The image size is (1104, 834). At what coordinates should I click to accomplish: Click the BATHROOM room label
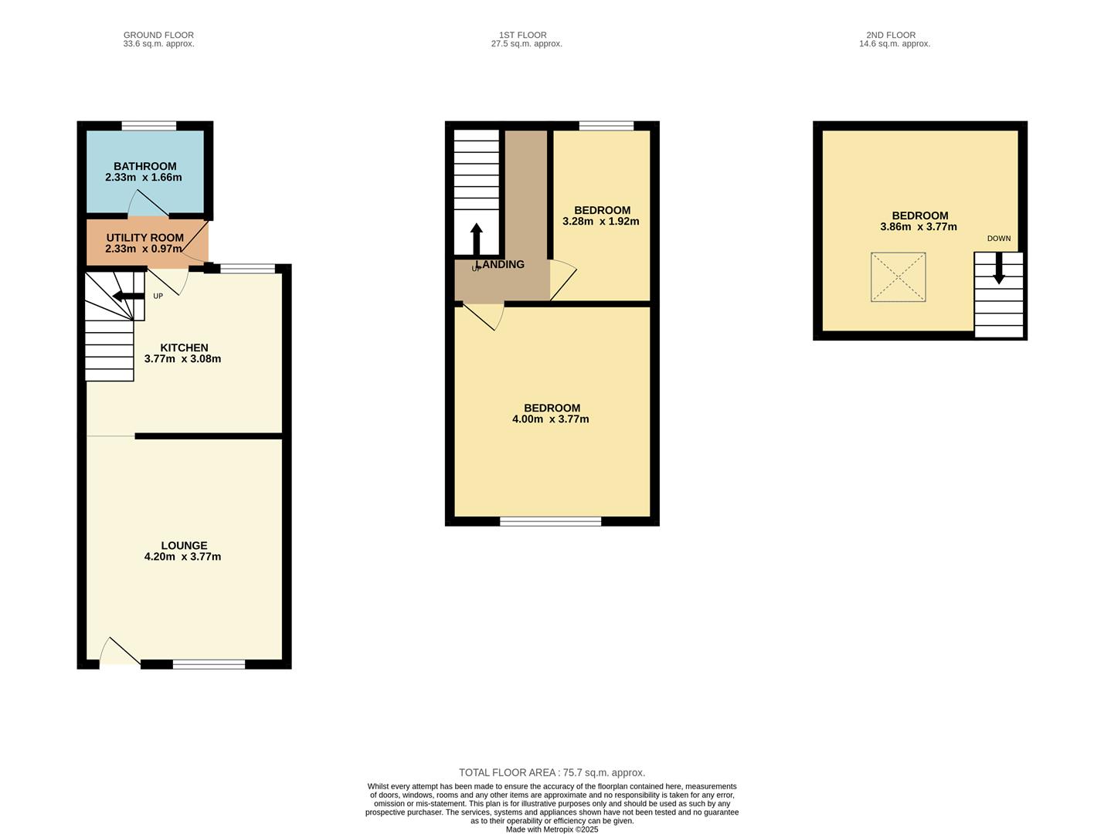(x=144, y=166)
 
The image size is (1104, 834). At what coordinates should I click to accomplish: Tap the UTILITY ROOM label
(x=144, y=238)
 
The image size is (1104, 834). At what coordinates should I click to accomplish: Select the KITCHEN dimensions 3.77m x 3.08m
(x=182, y=359)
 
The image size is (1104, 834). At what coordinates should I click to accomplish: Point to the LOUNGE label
(x=184, y=545)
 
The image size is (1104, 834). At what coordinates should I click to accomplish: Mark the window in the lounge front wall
(x=209, y=664)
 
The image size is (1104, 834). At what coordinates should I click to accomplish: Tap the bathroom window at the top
(x=148, y=126)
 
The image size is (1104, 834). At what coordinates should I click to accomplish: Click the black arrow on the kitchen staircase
(x=127, y=296)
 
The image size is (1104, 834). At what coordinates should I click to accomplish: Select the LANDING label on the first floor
(x=501, y=264)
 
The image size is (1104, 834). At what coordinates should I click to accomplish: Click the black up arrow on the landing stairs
(x=476, y=239)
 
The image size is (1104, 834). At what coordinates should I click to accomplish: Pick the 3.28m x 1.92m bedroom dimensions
(x=601, y=222)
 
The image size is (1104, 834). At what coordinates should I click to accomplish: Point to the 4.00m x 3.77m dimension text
(x=550, y=419)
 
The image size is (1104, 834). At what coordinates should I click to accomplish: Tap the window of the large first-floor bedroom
(x=550, y=522)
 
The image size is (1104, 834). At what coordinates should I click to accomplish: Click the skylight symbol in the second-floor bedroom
(x=898, y=277)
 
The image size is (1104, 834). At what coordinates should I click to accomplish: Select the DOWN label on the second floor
(x=998, y=239)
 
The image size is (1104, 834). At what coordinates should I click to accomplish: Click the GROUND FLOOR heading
(x=158, y=35)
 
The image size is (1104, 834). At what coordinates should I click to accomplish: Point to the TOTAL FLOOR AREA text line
(x=552, y=772)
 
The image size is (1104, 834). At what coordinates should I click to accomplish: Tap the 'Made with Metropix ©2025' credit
(x=552, y=829)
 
